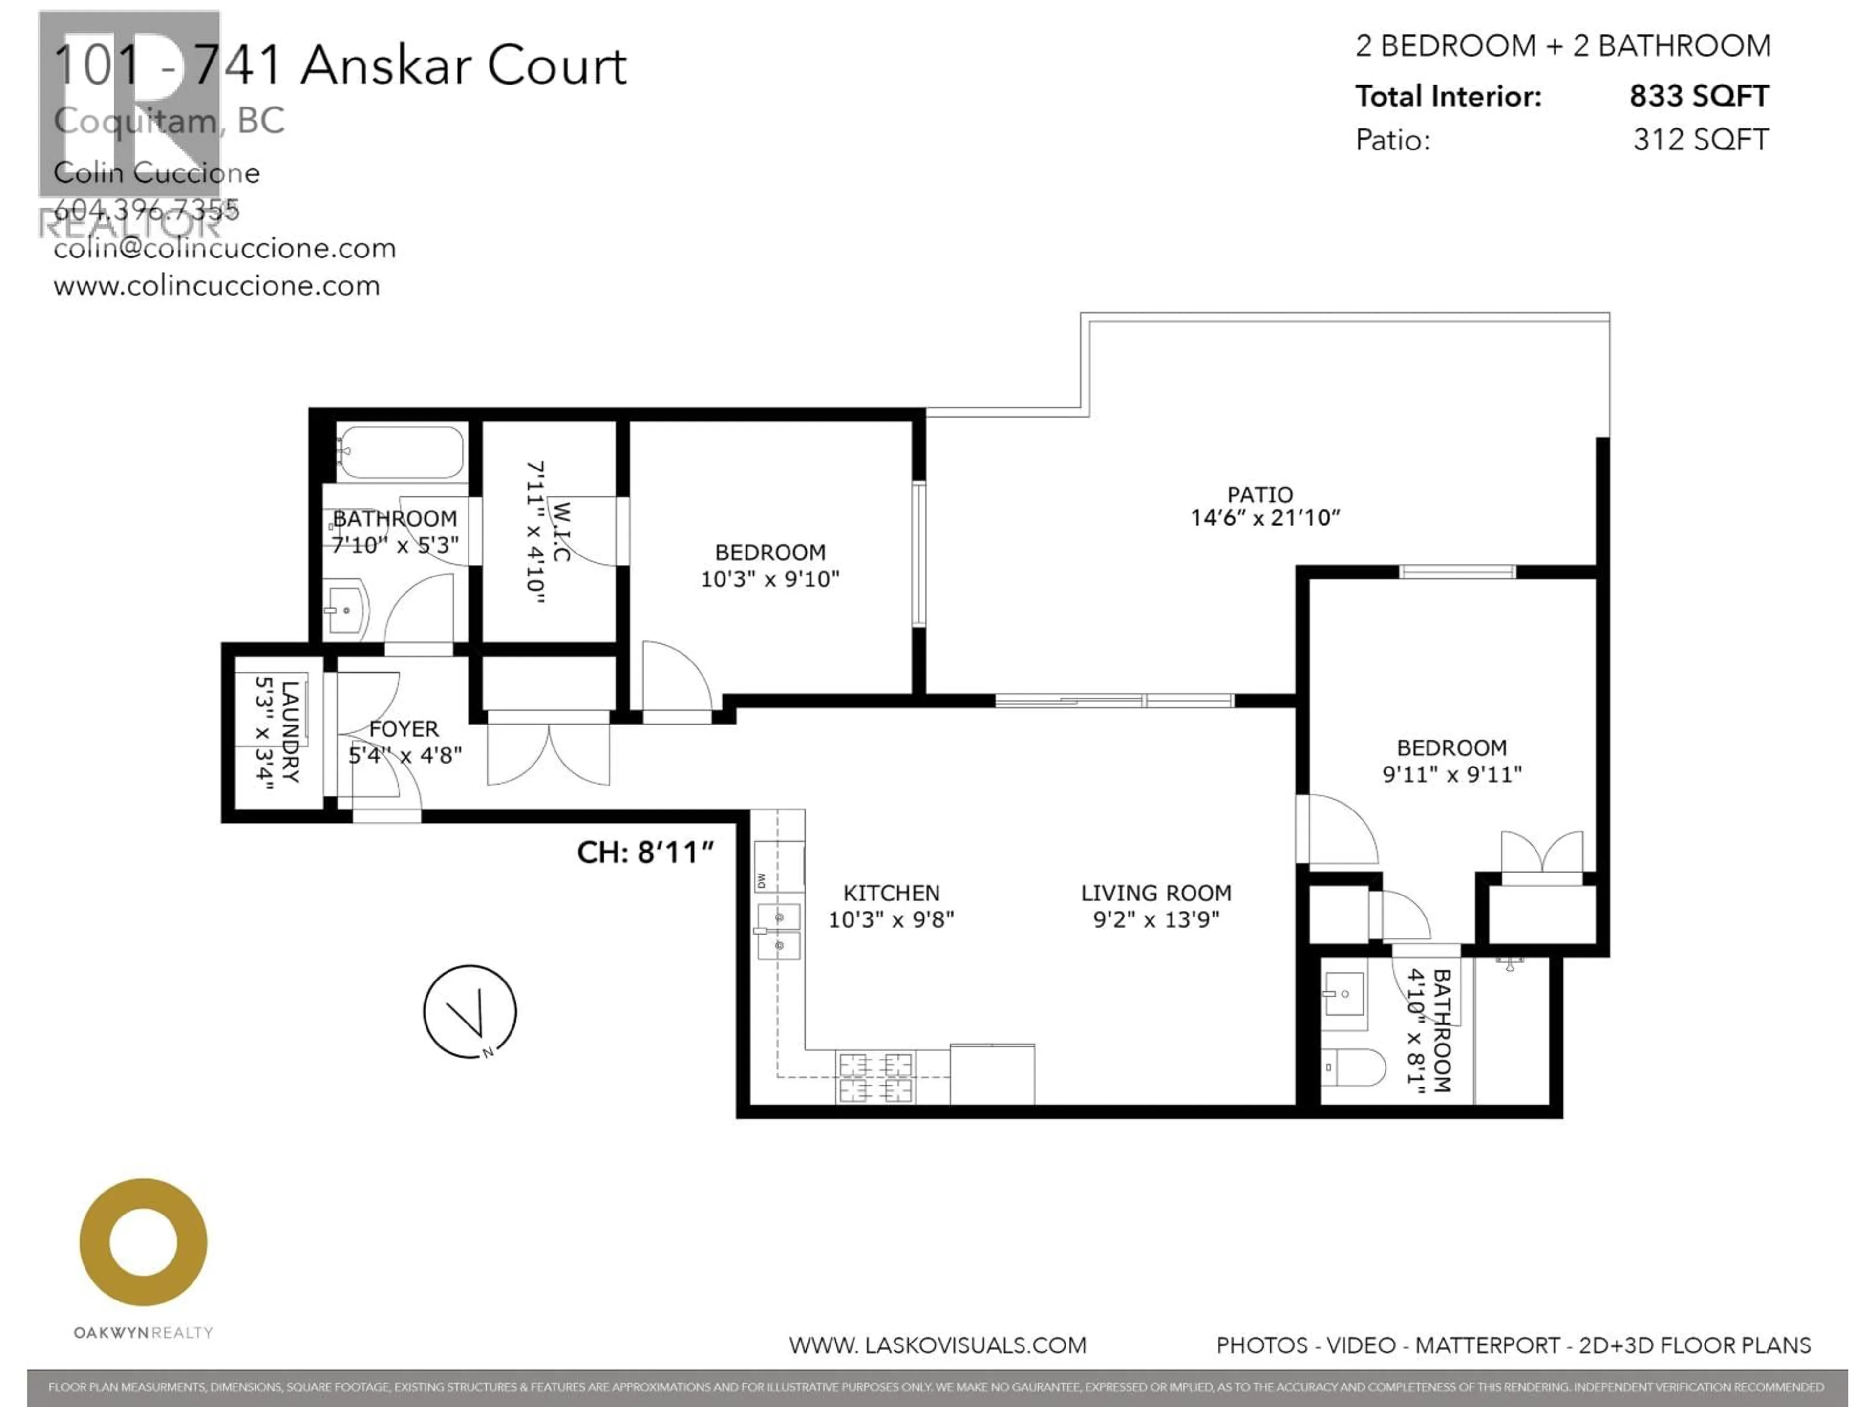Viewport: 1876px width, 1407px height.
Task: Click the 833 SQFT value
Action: click(1699, 96)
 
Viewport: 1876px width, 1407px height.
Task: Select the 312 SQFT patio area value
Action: click(1701, 140)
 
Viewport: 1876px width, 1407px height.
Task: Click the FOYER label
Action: click(404, 728)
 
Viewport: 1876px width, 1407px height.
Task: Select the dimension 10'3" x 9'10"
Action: click(769, 579)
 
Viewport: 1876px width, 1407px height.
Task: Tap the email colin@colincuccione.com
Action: click(225, 249)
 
